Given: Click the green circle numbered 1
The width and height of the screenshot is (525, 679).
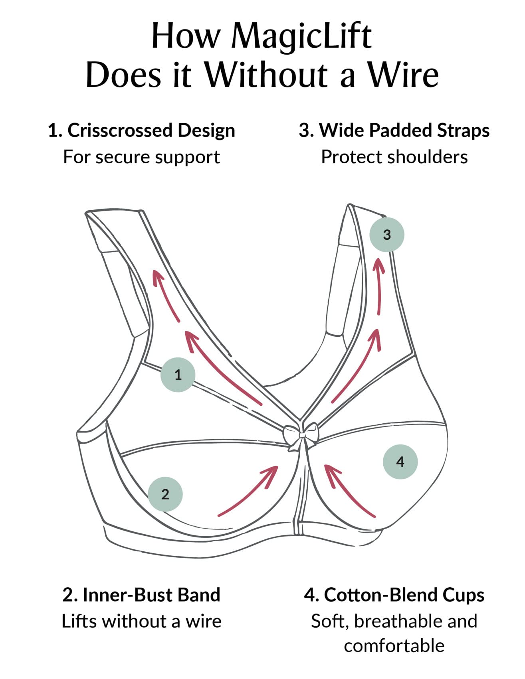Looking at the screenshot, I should click(x=178, y=375).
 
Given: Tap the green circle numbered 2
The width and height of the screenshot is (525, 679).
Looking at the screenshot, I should click(x=165, y=494).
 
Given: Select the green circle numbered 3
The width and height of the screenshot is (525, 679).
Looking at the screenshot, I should click(x=386, y=235).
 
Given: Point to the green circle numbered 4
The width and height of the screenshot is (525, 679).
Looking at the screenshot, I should click(x=400, y=462).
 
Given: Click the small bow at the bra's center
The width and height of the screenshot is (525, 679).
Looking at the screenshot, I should click(x=301, y=435).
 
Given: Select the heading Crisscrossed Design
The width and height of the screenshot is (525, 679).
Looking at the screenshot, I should click(x=151, y=130).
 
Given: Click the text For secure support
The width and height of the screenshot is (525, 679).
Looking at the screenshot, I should click(x=141, y=157).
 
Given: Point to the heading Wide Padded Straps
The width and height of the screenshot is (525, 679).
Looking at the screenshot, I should click(x=404, y=130).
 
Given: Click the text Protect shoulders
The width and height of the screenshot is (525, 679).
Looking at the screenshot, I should click(x=394, y=157).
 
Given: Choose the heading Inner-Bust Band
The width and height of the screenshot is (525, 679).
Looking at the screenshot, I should click(x=151, y=594).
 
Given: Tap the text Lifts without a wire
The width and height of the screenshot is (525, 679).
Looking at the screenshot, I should click(x=141, y=621).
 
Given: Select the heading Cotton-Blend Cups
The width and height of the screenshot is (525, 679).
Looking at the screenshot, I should click(x=404, y=594).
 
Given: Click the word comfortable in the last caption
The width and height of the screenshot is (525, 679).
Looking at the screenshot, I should click(x=394, y=645).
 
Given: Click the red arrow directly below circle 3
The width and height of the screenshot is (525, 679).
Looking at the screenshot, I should click(x=378, y=285).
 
